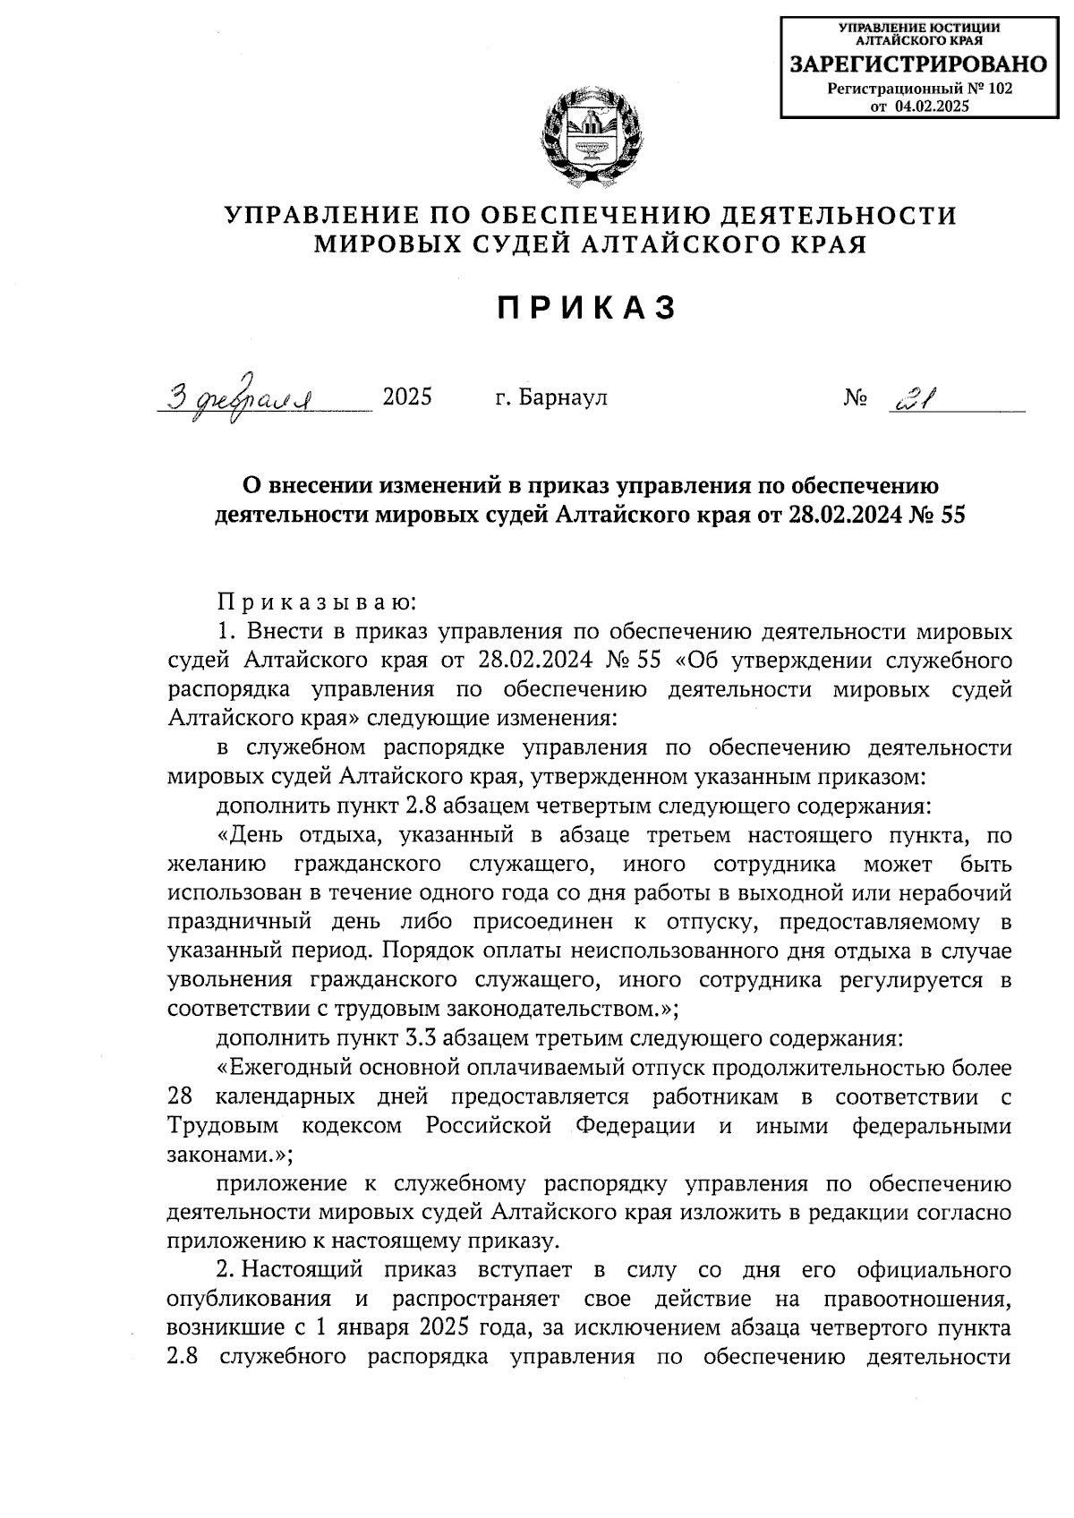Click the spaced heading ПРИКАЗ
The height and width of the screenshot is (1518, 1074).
click(x=586, y=308)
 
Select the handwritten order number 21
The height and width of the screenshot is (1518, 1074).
click(x=909, y=397)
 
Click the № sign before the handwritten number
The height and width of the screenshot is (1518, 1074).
click(x=855, y=397)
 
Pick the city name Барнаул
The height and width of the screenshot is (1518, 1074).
click(x=563, y=397)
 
